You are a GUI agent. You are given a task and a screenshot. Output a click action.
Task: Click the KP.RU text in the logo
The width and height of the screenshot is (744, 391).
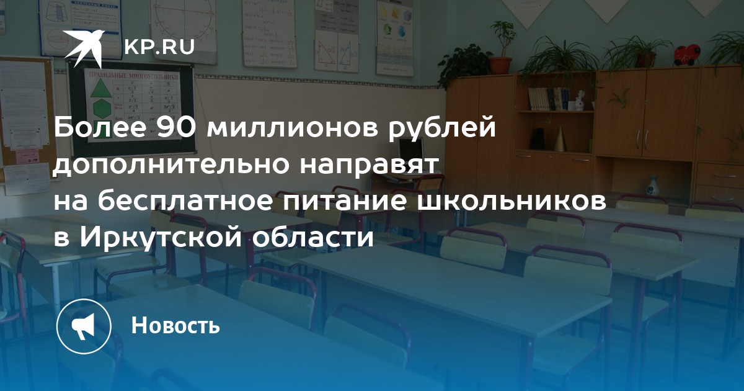pos(159,47)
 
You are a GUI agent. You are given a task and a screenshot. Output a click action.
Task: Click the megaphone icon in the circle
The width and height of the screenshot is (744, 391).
pos(84,326)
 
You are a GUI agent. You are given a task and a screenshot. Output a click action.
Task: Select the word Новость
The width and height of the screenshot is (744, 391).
pos(175,325)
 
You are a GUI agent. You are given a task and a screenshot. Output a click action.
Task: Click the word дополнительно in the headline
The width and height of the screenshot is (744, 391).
pos(172,165)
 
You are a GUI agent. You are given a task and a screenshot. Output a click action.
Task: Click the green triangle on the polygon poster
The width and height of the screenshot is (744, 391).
pos(101,88)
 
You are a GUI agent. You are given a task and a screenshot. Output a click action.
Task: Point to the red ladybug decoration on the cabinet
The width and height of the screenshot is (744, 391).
pos(688,55)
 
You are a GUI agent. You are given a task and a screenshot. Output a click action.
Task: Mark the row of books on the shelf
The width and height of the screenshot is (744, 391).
pos(547,99)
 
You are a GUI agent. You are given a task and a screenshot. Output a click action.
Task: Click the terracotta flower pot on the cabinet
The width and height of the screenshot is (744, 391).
pos(500,65)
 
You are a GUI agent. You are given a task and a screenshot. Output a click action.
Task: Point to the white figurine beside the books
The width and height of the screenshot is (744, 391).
pos(580,100)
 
